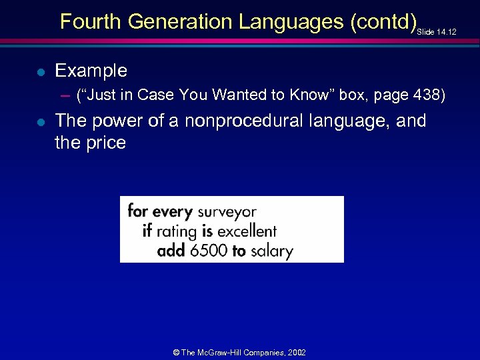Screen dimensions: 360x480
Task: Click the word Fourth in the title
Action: point(91,22)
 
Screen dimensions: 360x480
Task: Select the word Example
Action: point(91,71)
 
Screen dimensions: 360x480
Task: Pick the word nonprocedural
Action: point(243,121)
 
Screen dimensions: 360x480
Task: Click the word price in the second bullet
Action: point(105,143)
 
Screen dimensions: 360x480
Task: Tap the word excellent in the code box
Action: point(247,231)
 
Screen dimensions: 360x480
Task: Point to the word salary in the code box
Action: point(271,251)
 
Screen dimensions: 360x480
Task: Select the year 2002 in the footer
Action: point(296,352)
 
